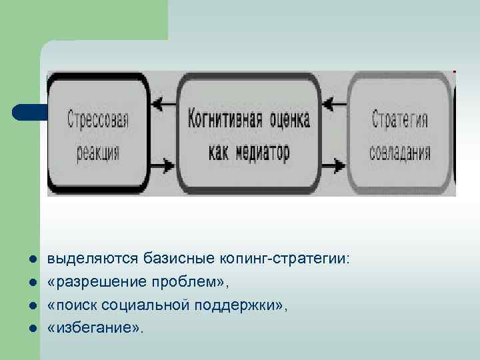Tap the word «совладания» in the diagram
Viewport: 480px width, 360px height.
399,153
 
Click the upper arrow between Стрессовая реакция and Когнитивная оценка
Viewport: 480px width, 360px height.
163,103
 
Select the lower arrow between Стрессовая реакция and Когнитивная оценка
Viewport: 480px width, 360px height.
163,163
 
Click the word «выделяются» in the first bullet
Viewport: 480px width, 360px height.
83,258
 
